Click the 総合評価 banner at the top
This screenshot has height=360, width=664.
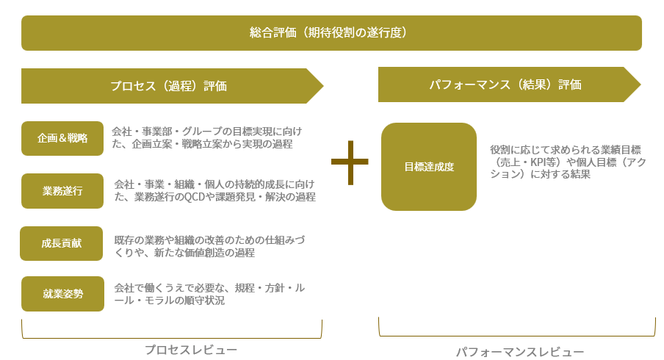(331, 33)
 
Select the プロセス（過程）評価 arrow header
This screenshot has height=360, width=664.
(169, 86)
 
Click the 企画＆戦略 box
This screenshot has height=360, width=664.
(62, 138)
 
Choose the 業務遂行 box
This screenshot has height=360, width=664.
(62, 191)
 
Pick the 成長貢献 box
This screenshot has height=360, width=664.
(62, 244)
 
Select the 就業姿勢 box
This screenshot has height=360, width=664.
(62, 294)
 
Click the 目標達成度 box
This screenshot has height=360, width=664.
(429, 167)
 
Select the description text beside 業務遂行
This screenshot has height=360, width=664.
(214, 190)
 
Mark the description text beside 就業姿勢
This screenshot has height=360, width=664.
(209, 294)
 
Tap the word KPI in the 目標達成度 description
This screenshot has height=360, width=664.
(541, 162)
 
